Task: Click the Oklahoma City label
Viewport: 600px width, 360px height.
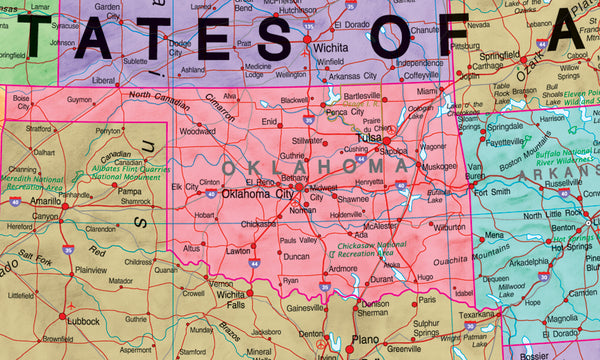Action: point(257,194)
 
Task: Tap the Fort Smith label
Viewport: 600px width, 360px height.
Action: point(491,192)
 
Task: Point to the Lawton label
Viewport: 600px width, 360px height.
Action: point(237,252)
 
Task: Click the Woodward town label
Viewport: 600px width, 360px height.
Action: point(197,131)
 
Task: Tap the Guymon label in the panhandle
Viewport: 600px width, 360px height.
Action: point(79,100)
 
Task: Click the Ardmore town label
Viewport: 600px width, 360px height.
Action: point(342,268)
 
